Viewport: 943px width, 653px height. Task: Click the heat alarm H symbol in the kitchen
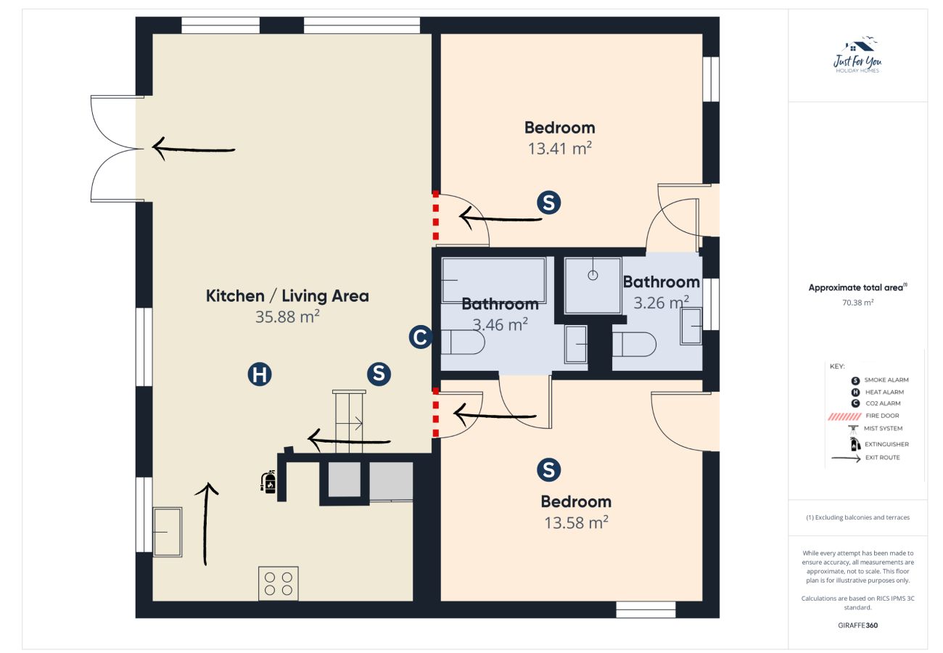pyautogui.click(x=259, y=374)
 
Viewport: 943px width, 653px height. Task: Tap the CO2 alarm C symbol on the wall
pyautogui.click(x=421, y=337)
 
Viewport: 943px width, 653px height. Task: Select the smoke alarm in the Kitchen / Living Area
pyautogui.click(x=379, y=374)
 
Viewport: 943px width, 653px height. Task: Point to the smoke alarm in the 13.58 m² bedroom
pyautogui.click(x=548, y=470)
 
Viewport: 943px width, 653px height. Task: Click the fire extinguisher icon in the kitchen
pyautogui.click(x=268, y=482)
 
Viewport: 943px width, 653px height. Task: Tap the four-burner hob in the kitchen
pyautogui.click(x=279, y=583)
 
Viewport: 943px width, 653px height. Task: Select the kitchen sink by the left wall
pyautogui.click(x=168, y=532)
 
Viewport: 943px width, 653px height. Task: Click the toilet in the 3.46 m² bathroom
pyautogui.click(x=462, y=342)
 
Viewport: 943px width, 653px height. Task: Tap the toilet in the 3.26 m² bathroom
pyautogui.click(x=634, y=344)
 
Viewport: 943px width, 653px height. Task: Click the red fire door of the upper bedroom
pyautogui.click(x=435, y=216)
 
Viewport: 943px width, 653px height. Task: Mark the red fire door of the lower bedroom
pyautogui.click(x=435, y=413)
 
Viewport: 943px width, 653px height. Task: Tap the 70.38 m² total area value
pyautogui.click(x=857, y=302)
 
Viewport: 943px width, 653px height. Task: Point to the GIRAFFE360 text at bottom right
pyautogui.click(x=857, y=625)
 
